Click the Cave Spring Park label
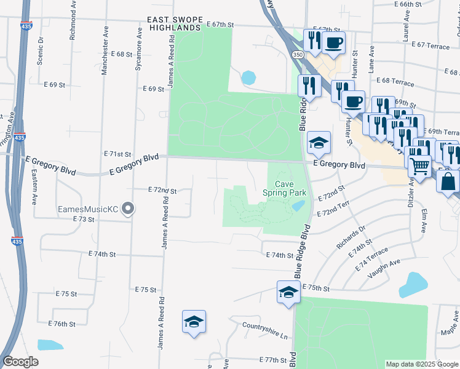(x=285, y=188)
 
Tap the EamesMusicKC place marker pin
(x=128, y=209)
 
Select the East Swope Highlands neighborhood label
(x=174, y=23)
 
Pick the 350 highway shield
(x=298, y=55)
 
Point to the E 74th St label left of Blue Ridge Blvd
(x=280, y=255)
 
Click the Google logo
(x=20, y=362)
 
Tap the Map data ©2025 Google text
(x=421, y=364)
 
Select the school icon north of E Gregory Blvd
(x=319, y=143)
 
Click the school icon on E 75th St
(x=288, y=293)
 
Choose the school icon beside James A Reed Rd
(x=194, y=322)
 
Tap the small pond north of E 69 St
(x=248, y=77)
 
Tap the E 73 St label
(x=83, y=219)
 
